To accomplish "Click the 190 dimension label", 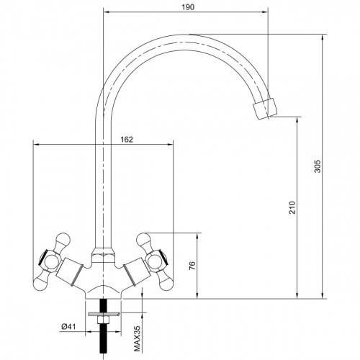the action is [x=188, y=7].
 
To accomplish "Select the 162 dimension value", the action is [x=127, y=140].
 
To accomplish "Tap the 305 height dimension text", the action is [x=318, y=166].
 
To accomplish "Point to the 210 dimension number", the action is [x=292, y=207].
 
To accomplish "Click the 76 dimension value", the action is [x=192, y=266].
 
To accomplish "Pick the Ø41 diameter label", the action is [x=68, y=327].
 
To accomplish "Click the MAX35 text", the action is [x=137, y=339].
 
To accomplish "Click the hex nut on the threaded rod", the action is [x=103, y=320].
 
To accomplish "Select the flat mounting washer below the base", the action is [x=104, y=314].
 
